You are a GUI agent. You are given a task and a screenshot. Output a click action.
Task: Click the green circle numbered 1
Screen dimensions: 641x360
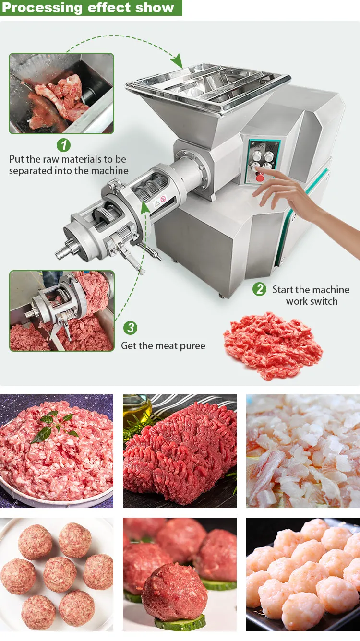(x=63, y=145)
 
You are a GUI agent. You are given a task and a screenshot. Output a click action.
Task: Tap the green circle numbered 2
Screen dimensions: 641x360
(x=260, y=289)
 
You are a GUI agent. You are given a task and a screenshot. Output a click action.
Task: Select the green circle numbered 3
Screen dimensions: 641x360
(x=131, y=328)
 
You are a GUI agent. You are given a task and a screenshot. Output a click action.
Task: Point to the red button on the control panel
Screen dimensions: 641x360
(x=260, y=178)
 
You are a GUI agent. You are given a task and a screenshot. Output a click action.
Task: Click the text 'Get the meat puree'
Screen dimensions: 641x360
(x=163, y=345)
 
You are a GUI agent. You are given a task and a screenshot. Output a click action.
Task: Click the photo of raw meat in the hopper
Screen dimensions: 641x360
(x=61, y=94)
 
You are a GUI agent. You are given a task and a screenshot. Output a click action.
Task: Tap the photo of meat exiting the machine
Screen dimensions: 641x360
(x=61, y=311)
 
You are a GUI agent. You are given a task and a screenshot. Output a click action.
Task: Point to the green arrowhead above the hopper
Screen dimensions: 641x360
(x=177, y=61)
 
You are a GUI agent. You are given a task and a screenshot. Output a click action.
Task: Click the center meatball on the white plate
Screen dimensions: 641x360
(x=60, y=574)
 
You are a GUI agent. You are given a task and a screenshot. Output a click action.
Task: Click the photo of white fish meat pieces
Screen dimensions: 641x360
(x=303, y=451)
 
